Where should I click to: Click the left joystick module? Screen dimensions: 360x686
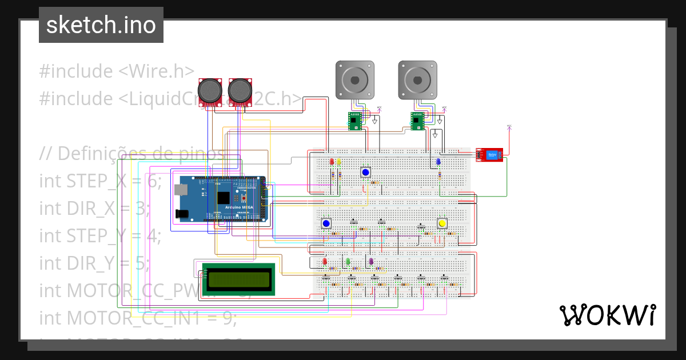[x=210, y=91]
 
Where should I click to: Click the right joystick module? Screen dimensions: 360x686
[x=240, y=91]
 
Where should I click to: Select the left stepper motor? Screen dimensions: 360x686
[x=354, y=79]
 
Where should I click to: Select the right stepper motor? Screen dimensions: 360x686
[x=418, y=79]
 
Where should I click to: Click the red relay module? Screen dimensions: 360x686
[x=489, y=154]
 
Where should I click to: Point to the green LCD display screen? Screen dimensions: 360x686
[x=239, y=279]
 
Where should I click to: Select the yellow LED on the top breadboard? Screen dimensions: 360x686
[x=339, y=162]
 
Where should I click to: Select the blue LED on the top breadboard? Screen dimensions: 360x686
[x=438, y=162]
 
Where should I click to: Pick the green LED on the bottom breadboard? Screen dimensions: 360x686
[x=348, y=262]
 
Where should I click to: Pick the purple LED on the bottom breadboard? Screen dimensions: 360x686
[x=370, y=262]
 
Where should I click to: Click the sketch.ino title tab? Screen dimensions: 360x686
[x=101, y=25]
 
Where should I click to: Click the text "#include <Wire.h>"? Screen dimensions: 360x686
[x=117, y=71]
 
